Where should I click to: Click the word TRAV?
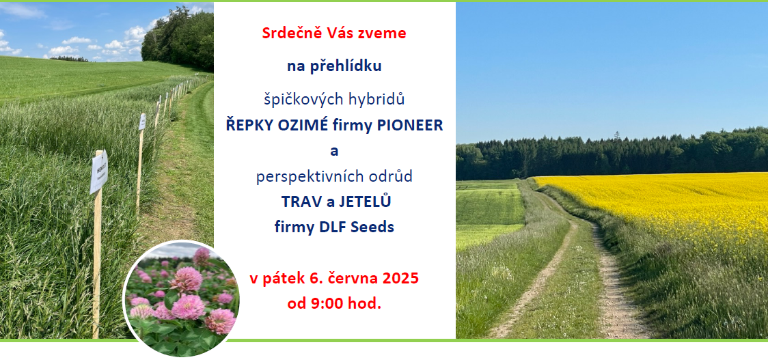tap(296, 201)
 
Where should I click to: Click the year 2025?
tap(401, 279)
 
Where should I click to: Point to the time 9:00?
tap(327, 304)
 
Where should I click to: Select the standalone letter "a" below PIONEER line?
tap(334, 152)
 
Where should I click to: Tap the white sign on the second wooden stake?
tap(142, 122)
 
